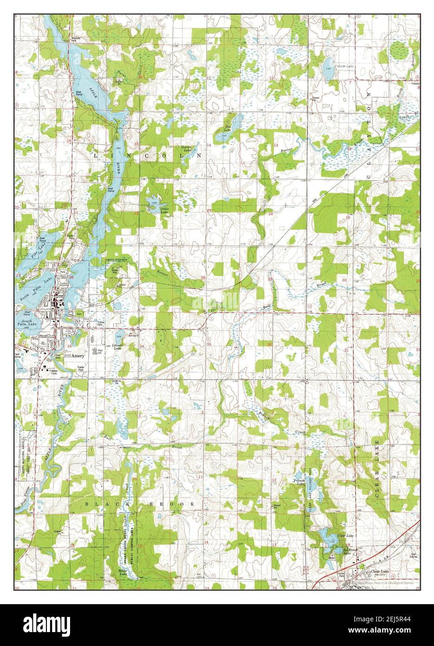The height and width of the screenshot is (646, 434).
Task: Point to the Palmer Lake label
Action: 343,66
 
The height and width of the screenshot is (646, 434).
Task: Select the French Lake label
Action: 298,482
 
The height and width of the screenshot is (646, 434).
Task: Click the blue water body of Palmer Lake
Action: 329,63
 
